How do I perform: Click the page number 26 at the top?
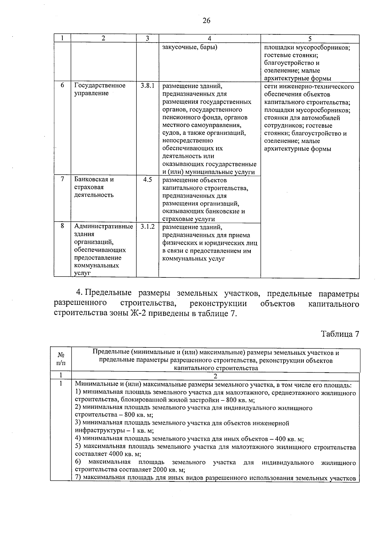(206, 21)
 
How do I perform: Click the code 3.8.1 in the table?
(147, 86)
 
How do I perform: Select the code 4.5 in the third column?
(147, 179)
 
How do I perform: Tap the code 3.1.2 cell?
(147, 226)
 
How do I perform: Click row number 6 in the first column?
(62, 85)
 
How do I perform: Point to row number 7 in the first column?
(62, 179)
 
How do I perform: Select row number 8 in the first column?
(62, 226)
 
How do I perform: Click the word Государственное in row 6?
(100, 86)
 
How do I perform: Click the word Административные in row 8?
(104, 226)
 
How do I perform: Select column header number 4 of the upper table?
(209, 38)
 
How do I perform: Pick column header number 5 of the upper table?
(310, 38)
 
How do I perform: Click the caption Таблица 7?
(340, 334)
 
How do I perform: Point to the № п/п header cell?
(61, 359)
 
